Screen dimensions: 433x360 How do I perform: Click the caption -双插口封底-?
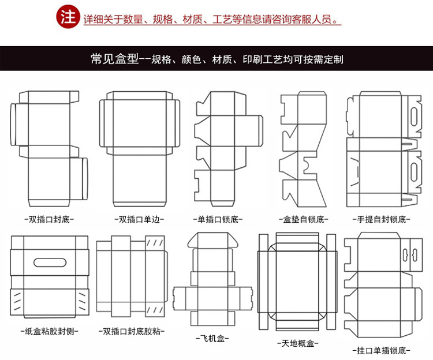tap(48, 219)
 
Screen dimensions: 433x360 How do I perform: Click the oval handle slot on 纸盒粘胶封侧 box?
tap(49, 262)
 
